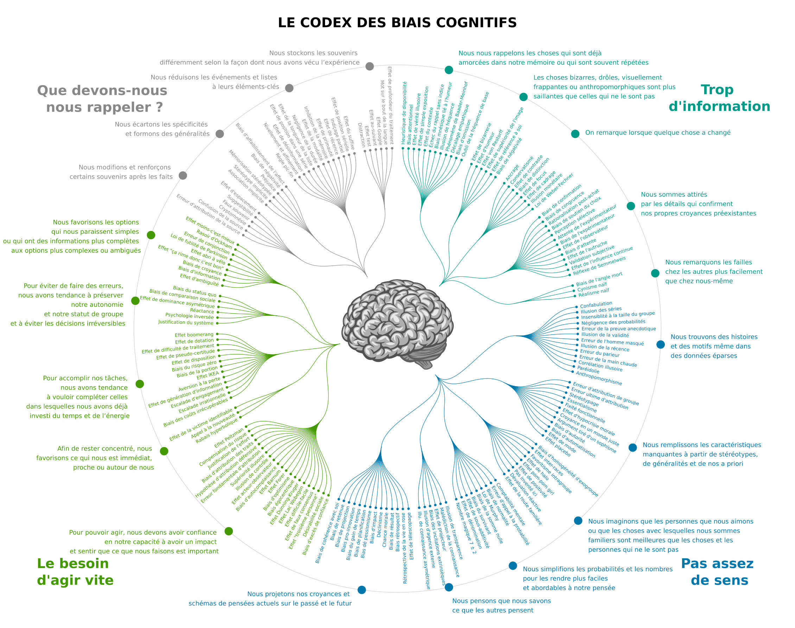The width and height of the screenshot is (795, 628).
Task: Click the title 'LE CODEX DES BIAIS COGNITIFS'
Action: (397, 23)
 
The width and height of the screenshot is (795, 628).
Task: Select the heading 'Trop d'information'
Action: (719, 98)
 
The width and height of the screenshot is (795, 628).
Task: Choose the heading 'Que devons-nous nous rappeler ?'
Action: (102, 99)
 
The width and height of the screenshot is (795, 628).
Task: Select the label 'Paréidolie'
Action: (588, 370)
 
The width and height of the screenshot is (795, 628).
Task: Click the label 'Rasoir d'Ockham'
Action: (214, 239)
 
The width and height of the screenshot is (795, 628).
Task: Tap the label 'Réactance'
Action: (202, 311)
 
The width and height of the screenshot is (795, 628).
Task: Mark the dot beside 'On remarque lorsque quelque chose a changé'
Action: (575, 134)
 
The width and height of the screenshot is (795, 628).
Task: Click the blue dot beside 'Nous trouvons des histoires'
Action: (661, 345)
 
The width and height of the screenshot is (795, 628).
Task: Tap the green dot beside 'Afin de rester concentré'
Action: (164, 451)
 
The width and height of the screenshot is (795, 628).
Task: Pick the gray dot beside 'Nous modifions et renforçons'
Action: (183, 175)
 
